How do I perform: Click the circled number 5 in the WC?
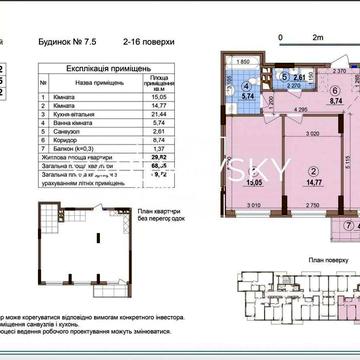pos(285,76)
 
